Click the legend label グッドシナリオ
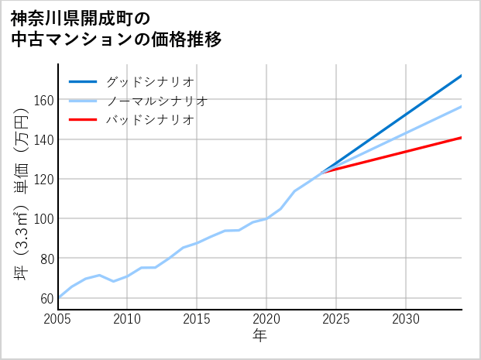click(x=149, y=81)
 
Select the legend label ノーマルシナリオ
click(x=156, y=101)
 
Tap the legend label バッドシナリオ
click(x=149, y=120)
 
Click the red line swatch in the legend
click(x=84, y=120)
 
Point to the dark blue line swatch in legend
click(x=84, y=81)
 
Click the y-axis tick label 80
click(x=46, y=258)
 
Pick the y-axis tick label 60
click(x=46, y=297)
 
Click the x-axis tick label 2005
click(x=58, y=319)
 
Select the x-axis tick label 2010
click(x=128, y=319)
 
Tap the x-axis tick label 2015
click(x=198, y=319)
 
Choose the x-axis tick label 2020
click(x=266, y=319)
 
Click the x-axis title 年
click(x=259, y=335)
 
